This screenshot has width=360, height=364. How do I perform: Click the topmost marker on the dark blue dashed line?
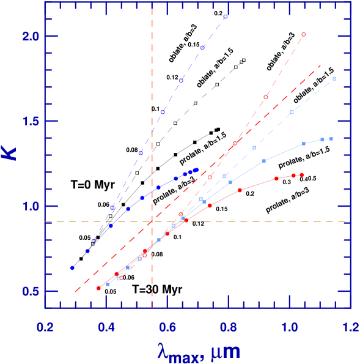click(226, 17)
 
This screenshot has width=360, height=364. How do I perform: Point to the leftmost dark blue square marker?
click(72, 267)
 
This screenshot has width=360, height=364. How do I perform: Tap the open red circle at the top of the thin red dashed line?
click(303, 35)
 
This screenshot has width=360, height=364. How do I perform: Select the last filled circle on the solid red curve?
click(302, 175)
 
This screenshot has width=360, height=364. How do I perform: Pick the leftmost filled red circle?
click(98, 288)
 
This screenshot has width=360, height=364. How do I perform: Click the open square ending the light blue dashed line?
click(334, 79)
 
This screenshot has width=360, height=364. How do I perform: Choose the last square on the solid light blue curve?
click(331, 139)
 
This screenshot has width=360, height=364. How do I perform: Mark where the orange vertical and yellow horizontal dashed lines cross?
click(152, 221)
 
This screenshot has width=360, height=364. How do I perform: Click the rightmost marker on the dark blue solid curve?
click(197, 169)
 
